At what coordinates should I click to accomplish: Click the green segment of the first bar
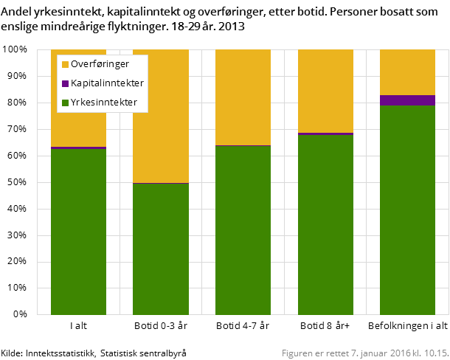click(78, 232)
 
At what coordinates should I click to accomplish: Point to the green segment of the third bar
click(243, 230)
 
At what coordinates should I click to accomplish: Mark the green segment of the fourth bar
click(325, 225)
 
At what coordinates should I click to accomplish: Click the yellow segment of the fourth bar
click(325, 91)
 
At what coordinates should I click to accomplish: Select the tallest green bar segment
click(407, 210)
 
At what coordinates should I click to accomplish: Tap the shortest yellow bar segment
click(407, 72)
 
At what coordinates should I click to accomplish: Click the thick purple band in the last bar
click(407, 100)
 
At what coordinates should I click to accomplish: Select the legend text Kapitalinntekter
click(107, 83)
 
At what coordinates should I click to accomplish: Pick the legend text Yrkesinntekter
click(104, 103)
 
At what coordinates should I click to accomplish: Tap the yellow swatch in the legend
click(65, 64)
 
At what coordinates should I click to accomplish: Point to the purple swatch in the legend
click(65, 83)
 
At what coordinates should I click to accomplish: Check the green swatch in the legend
click(65, 103)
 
